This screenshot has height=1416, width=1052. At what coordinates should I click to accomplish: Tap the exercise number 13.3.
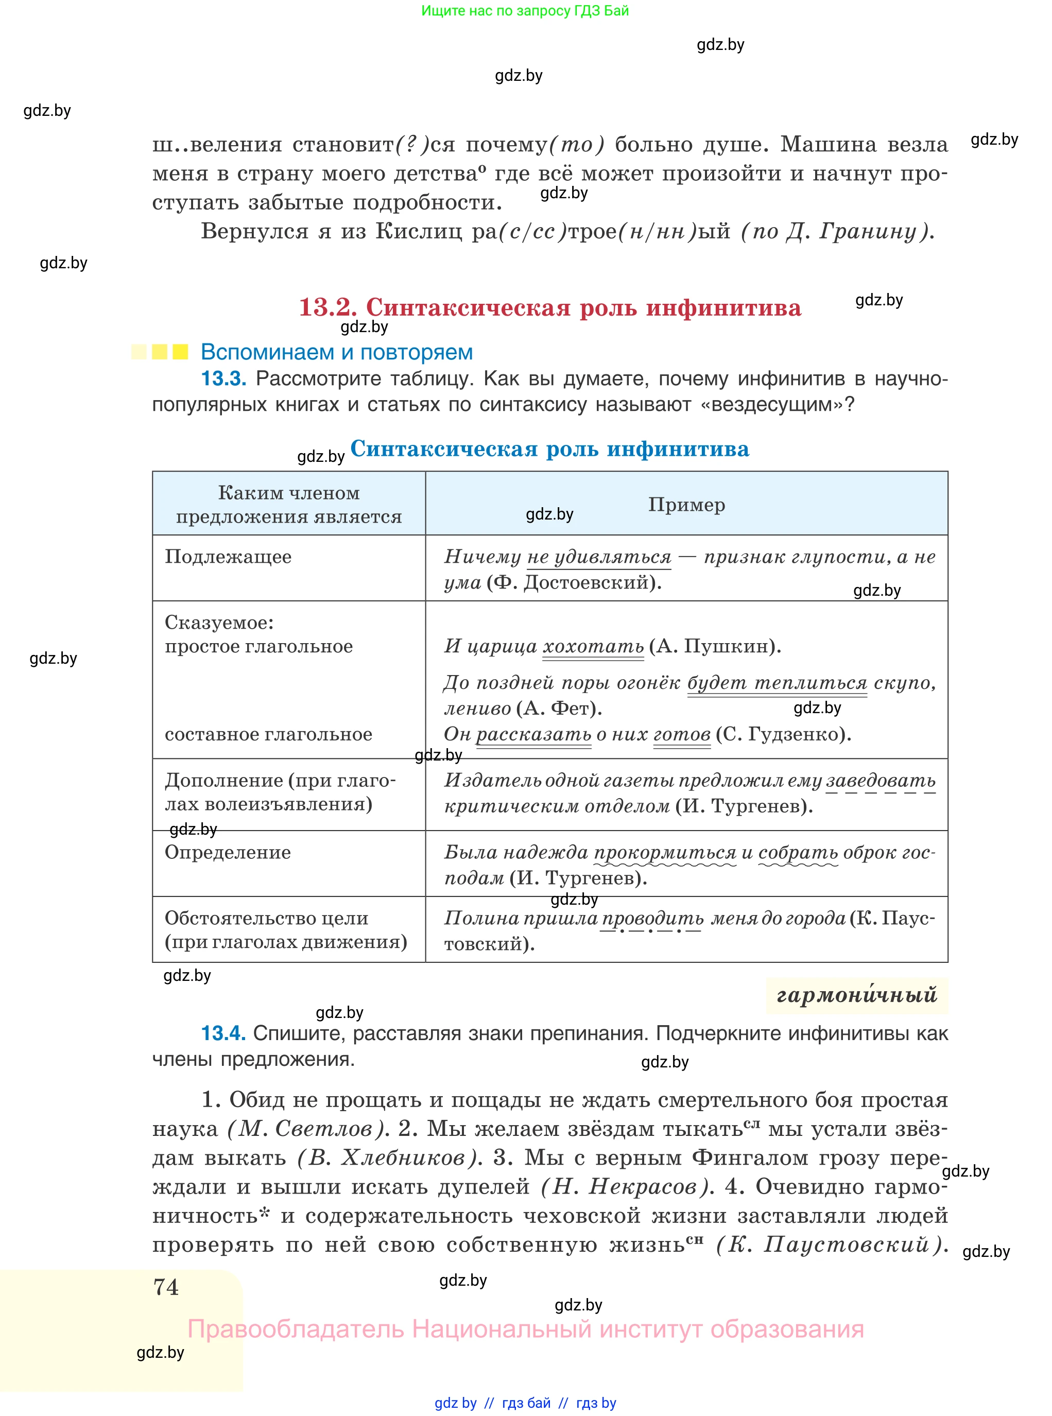point(223,379)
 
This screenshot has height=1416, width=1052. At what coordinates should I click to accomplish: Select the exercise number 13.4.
point(223,1033)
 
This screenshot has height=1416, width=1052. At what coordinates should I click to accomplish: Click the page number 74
point(166,1287)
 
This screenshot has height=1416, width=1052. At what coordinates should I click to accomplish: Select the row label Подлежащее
point(228,557)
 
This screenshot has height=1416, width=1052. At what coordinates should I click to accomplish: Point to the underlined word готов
point(681,734)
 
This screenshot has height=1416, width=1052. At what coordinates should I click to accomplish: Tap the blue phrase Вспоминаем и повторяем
point(336,352)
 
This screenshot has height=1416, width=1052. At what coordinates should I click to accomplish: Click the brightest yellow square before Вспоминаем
point(180,352)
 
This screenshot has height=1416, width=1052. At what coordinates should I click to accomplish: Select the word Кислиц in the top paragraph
point(419,231)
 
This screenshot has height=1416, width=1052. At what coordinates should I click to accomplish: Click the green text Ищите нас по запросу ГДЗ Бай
point(525,11)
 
